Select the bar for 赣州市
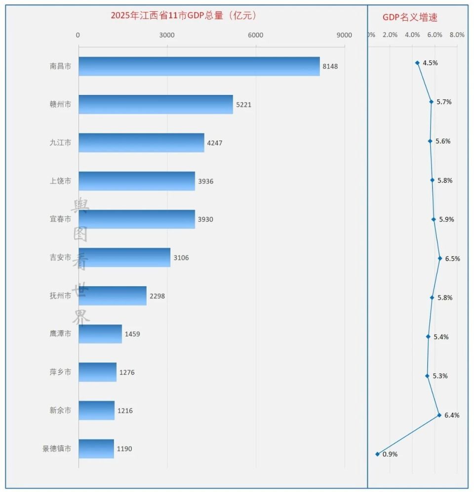156,104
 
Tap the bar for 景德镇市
96,448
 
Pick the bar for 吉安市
124,258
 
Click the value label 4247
215,143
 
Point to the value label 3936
206,181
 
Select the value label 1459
132,334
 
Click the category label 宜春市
60,219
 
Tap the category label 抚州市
60,296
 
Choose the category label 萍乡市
60,372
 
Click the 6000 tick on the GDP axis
256,35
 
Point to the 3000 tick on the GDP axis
167,35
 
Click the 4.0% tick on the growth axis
412,35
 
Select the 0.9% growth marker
378,454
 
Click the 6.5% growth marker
439,258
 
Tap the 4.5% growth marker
417,63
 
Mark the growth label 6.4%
452,415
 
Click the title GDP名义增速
410,17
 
